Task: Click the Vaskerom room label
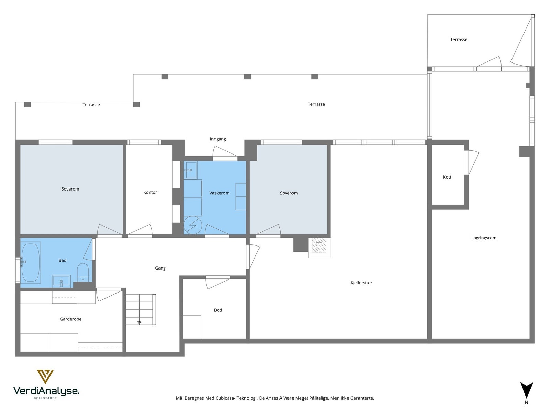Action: (x=219, y=193)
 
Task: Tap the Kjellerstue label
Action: (x=361, y=283)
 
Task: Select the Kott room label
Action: (x=447, y=177)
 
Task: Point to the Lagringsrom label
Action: (x=484, y=238)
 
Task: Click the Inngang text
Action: (x=218, y=139)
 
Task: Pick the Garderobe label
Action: (x=71, y=319)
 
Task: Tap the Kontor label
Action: (x=150, y=192)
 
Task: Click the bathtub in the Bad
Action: (x=31, y=262)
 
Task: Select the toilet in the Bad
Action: (x=83, y=272)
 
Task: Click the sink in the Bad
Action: (x=62, y=281)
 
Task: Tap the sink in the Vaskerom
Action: (x=191, y=170)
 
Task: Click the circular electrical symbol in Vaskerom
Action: (x=193, y=225)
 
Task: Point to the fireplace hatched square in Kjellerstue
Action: (x=319, y=245)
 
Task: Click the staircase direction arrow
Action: (x=139, y=323)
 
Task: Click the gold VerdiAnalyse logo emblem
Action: (x=45, y=377)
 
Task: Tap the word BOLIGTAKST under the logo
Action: (x=45, y=398)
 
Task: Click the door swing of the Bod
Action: (x=217, y=283)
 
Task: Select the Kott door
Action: (x=471, y=162)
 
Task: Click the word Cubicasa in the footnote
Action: (x=225, y=398)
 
